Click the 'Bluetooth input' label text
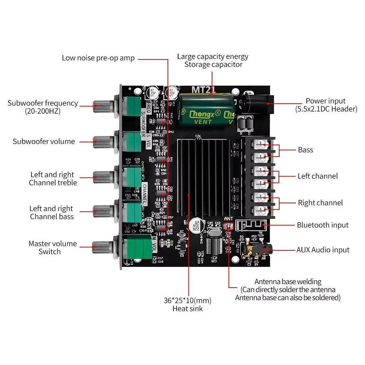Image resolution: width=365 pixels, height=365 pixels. (322, 225)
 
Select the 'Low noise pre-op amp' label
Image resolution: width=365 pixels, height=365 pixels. (98, 58)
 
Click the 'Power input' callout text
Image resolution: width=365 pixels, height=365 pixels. (326, 101)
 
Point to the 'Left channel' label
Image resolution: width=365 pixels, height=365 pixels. (318, 176)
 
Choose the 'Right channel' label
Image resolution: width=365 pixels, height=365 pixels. (320, 203)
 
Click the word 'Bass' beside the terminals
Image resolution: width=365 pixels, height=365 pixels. (306, 150)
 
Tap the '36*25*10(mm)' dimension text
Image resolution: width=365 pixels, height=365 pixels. (187, 301)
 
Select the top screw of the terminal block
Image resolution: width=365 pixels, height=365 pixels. (260, 145)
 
